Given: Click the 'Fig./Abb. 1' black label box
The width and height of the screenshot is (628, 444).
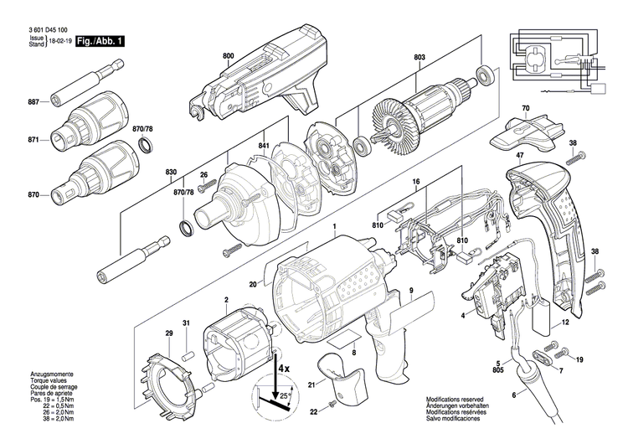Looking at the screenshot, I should (x=99, y=39).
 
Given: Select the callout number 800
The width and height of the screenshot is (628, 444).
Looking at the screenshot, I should (x=229, y=56).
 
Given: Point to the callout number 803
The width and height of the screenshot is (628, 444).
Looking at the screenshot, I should (x=419, y=58).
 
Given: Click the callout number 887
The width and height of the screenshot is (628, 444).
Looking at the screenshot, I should (x=34, y=102).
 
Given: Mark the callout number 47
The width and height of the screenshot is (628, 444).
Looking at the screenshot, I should (x=520, y=156).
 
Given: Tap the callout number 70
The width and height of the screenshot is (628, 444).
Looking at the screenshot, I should (x=525, y=109).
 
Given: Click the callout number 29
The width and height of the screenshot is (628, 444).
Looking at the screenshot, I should (x=168, y=334).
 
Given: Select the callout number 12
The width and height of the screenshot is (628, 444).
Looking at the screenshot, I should (x=566, y=322).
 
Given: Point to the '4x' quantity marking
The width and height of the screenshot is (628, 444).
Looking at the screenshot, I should (x=283, y=368).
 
